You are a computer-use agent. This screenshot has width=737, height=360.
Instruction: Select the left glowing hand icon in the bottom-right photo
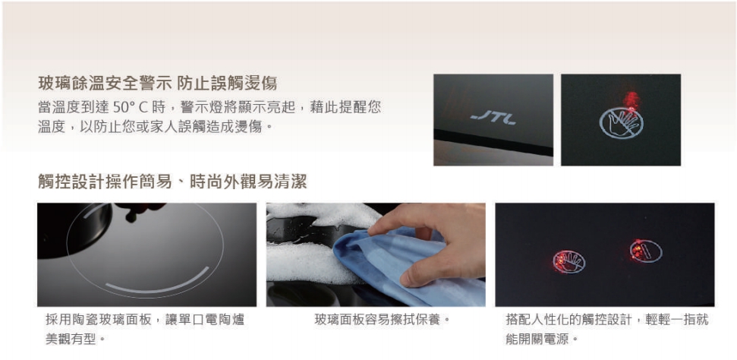coord(568,262)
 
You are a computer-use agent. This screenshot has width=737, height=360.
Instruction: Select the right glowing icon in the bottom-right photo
coord(644,251)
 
